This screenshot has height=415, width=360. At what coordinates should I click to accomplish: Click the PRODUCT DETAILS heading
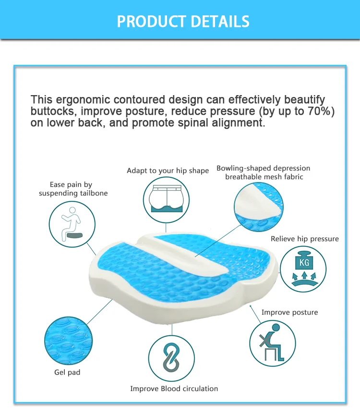click(183, 22)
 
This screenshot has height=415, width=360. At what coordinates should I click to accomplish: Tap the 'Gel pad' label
click(67, 372)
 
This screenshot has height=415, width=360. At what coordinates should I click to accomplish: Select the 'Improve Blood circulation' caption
click(174, 388)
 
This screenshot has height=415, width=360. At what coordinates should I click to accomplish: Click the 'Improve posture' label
click(289, 312)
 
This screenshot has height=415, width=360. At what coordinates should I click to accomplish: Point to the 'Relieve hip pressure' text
click(304, 239)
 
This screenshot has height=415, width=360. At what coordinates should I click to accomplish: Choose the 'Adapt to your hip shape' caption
click(168, 171)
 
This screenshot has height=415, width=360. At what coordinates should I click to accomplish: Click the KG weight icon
click(303, 268)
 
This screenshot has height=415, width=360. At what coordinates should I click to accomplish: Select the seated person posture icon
click(272, 342)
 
